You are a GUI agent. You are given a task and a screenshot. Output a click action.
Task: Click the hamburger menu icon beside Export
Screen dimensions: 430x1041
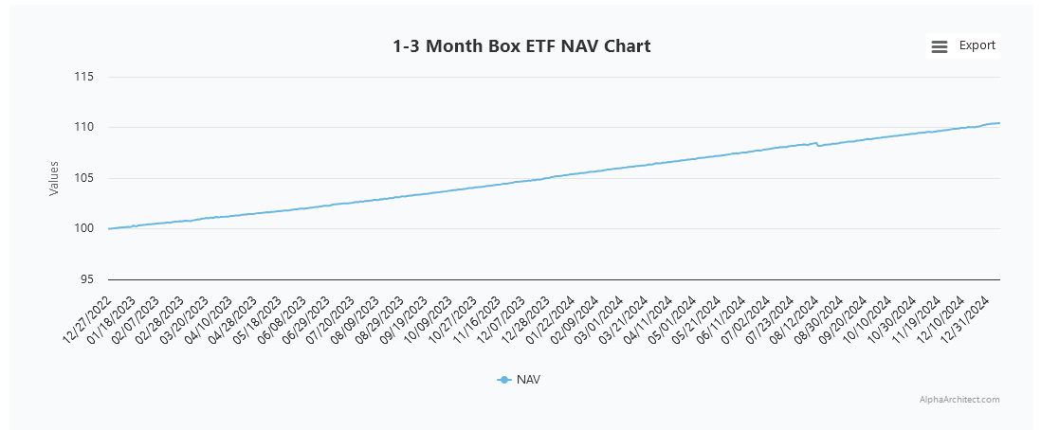(x=939, y=46)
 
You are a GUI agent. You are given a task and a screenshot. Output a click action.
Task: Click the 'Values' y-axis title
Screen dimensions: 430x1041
(x=54, y=178)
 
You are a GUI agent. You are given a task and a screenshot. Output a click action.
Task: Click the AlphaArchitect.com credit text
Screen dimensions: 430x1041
(x=959, y=400)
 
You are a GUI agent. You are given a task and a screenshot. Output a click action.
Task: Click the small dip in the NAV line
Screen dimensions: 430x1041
(x=818, y=146)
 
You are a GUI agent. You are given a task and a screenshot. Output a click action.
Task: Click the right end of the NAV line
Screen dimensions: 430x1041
(x=999, y=123)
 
